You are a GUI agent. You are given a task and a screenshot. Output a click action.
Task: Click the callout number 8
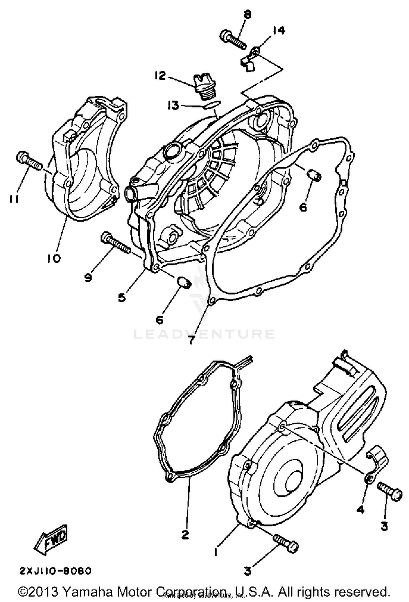pos(248,15)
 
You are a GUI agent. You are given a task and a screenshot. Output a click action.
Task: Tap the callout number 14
pos(278,30)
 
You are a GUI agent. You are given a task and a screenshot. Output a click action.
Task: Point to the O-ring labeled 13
pos(212,105)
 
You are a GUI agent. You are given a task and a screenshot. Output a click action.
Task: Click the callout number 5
pos(122,297)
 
